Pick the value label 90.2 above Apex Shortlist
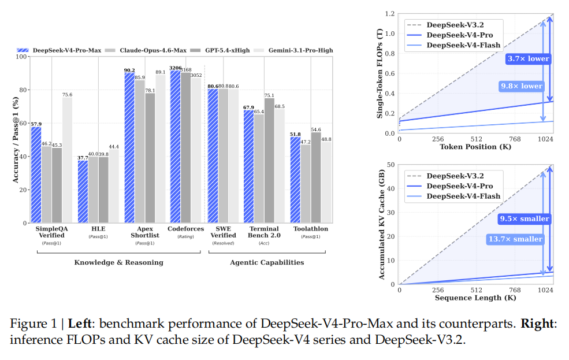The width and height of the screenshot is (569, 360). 129,70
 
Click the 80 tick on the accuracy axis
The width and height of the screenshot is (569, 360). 24,90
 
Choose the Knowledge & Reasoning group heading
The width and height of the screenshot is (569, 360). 118,262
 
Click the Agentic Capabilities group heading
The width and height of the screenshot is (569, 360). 267,262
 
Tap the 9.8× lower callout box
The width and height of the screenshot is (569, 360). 521,86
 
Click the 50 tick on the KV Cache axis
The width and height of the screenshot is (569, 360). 392,165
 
